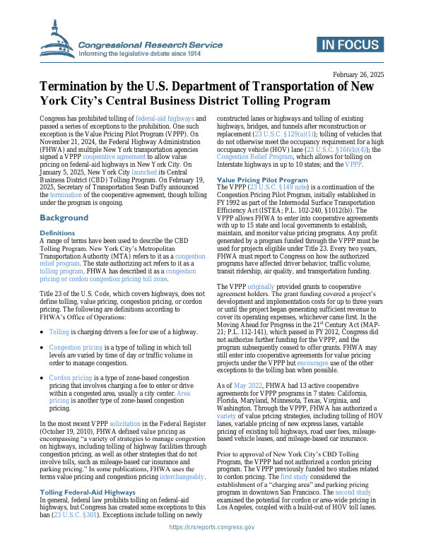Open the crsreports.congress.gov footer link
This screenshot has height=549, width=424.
point(212,526)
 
